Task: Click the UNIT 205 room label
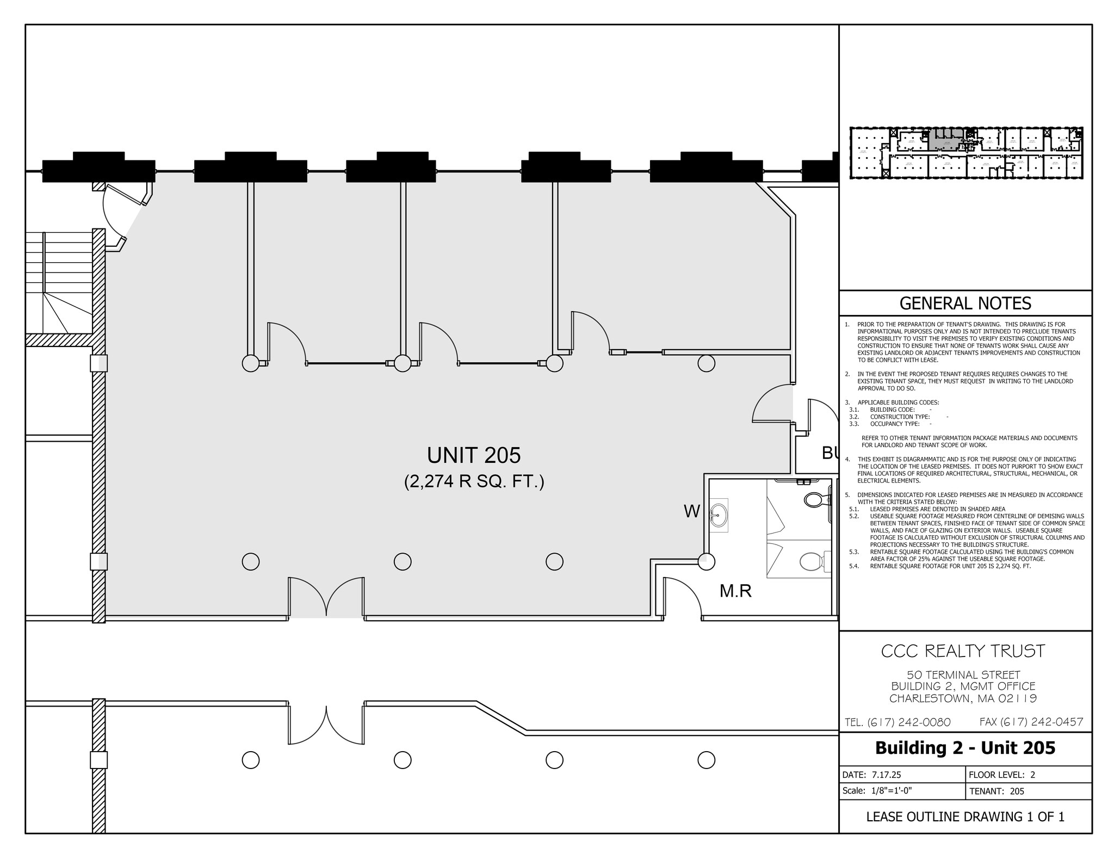tap(473, 455)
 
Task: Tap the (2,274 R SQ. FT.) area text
tap(473, 482)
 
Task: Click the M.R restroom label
tap(735, 591)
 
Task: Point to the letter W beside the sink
tap(691, 511)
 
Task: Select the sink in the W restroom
tap(719, 513)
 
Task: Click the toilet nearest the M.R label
tap(812, 561)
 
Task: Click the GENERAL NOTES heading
tap(965, 303)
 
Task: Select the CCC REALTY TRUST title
tap(963, 651)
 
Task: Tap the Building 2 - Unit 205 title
tap(965, 748)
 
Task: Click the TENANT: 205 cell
tap(997, 791)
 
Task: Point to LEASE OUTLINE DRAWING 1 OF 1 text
tap(965, 817)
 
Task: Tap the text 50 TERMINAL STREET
tap(963, 675)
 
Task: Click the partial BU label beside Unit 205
tap(830, 453)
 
